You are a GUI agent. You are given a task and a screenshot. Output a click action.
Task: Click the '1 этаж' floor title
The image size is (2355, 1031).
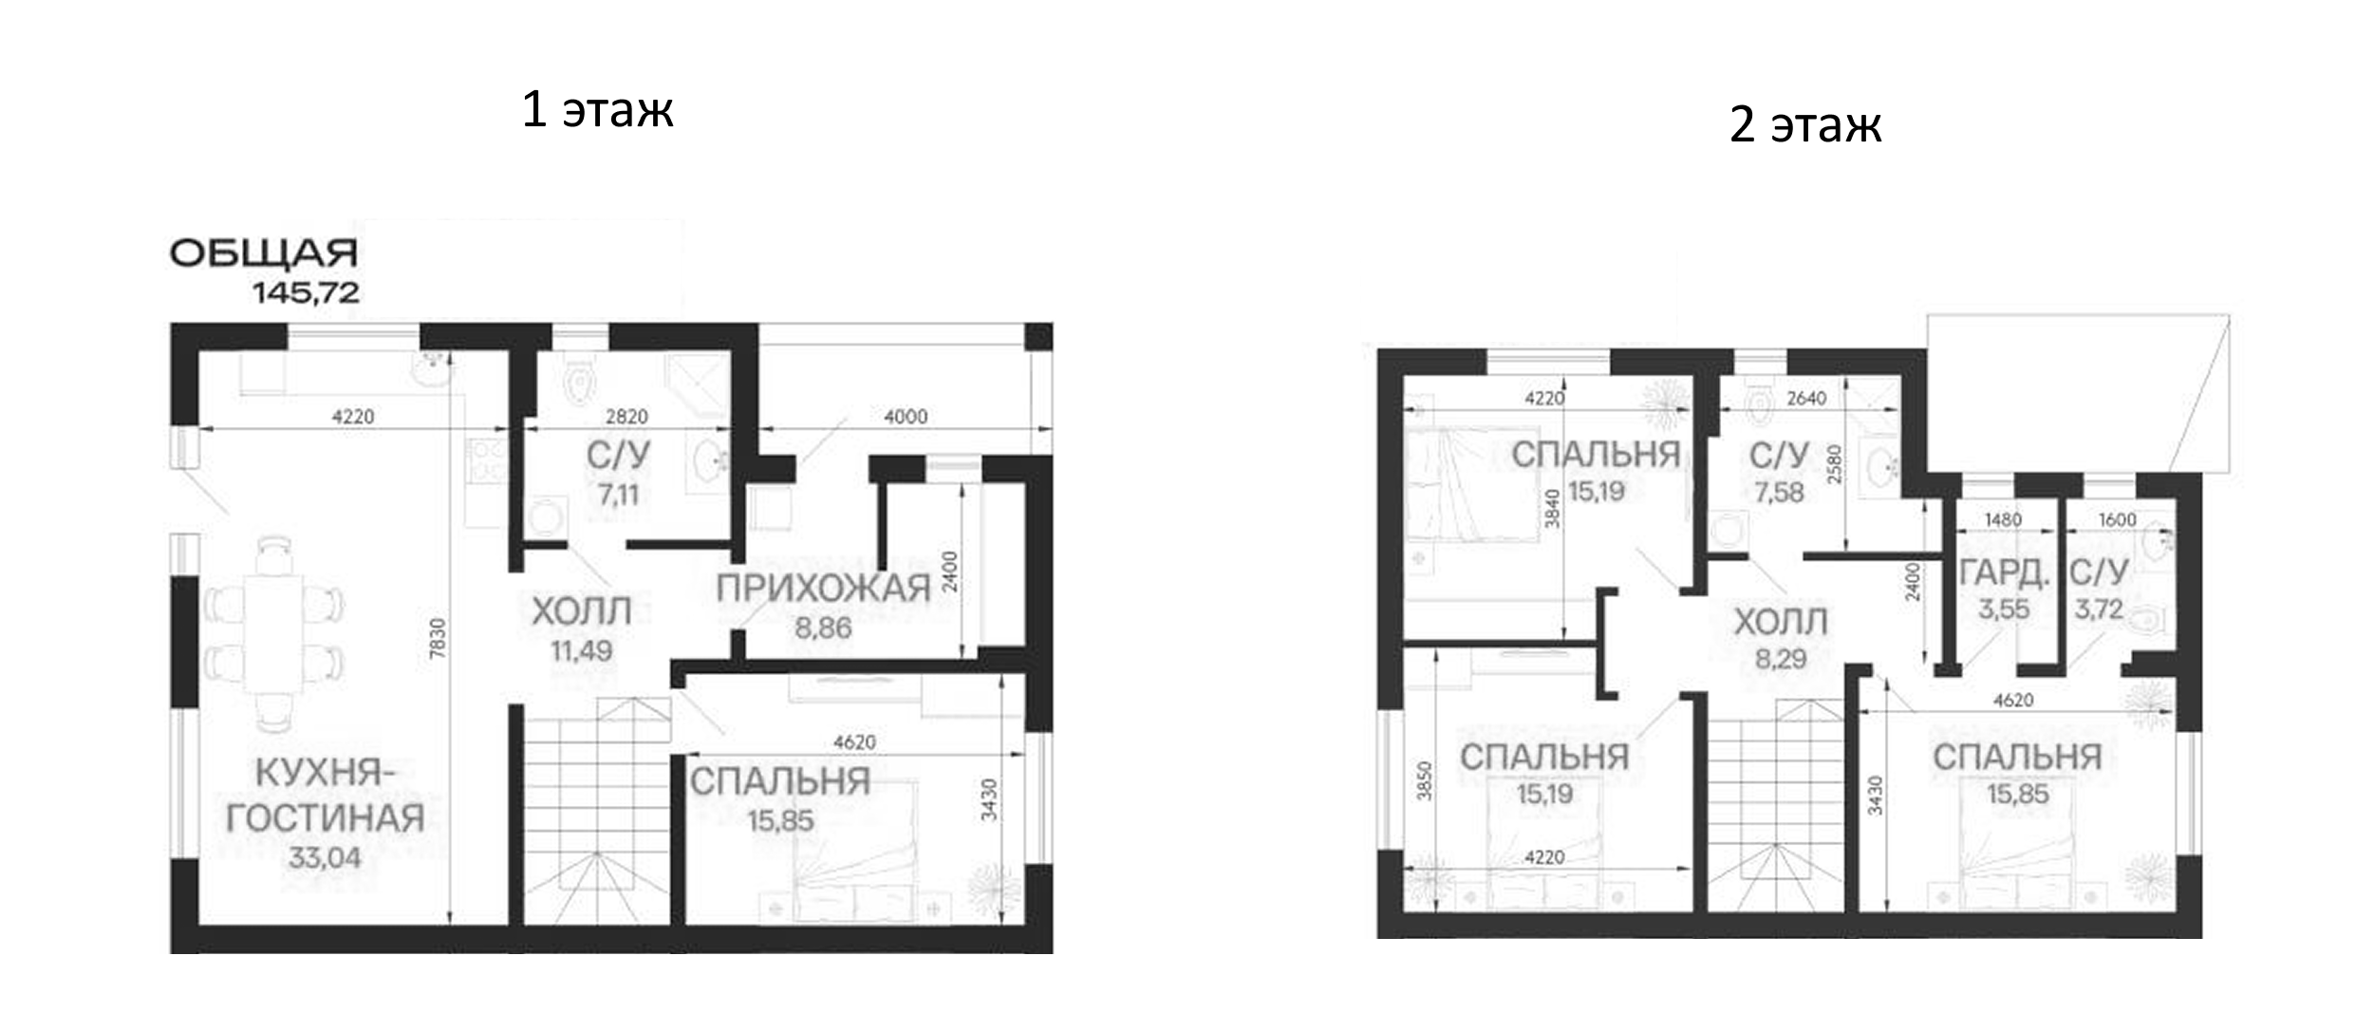[597, 109]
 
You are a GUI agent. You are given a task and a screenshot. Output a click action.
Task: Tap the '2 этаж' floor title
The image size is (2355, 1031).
[1804, 124]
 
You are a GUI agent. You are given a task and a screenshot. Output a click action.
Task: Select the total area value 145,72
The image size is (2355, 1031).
[306, 292]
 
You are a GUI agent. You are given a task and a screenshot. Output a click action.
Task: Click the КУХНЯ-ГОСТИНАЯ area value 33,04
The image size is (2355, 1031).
[325, 857]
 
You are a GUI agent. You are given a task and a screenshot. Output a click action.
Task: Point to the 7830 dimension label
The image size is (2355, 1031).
[437, 638]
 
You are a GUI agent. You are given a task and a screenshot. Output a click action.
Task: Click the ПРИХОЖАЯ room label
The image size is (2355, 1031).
[823, 589]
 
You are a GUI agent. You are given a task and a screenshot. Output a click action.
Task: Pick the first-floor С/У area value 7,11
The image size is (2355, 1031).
[618, 494]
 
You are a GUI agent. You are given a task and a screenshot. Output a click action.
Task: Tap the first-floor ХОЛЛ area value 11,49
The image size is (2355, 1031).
[581, 650]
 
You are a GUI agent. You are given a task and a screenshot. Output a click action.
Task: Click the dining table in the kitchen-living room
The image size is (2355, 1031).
[274, 633]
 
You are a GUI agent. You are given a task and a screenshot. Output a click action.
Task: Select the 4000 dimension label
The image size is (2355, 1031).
[906, 417]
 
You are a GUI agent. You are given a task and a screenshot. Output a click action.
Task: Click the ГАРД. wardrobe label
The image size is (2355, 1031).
[2004, 572]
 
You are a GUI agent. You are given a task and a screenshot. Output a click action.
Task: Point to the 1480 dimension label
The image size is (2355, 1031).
[2003, 519]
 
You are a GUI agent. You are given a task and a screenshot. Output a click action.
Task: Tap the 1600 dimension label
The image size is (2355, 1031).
[2117, 519]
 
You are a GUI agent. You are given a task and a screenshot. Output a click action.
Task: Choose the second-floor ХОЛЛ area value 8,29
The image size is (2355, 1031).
[1781, 658]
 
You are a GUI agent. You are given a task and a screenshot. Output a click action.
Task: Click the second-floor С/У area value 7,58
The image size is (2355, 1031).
[1779, 492]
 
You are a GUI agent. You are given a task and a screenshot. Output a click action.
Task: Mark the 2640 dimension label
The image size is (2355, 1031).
[1806, 399]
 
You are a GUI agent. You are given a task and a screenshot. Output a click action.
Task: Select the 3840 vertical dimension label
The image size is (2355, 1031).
[1552, 508]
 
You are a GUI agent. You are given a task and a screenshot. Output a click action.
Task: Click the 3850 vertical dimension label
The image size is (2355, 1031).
[1424, 780]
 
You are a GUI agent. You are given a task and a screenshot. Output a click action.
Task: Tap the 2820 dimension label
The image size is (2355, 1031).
[626, 417]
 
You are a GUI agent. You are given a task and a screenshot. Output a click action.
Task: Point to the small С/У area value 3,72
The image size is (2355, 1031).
[2098, 609]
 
